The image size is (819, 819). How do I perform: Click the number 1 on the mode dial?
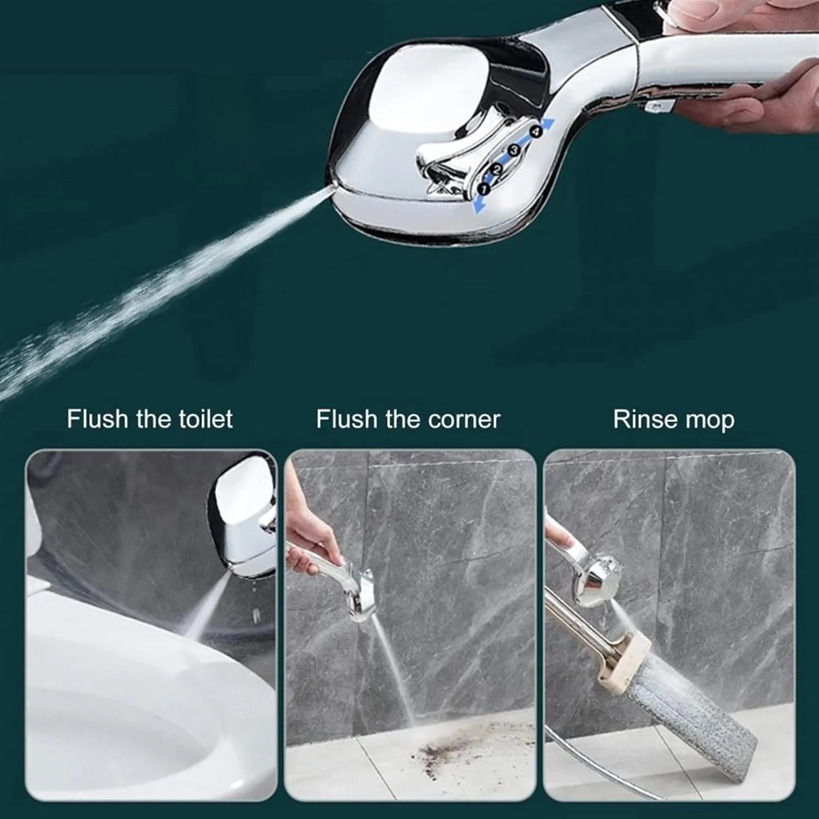pos(484,189)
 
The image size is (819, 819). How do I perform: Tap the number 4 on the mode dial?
pos(536,131)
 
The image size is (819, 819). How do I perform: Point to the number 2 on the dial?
pos(497,170)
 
